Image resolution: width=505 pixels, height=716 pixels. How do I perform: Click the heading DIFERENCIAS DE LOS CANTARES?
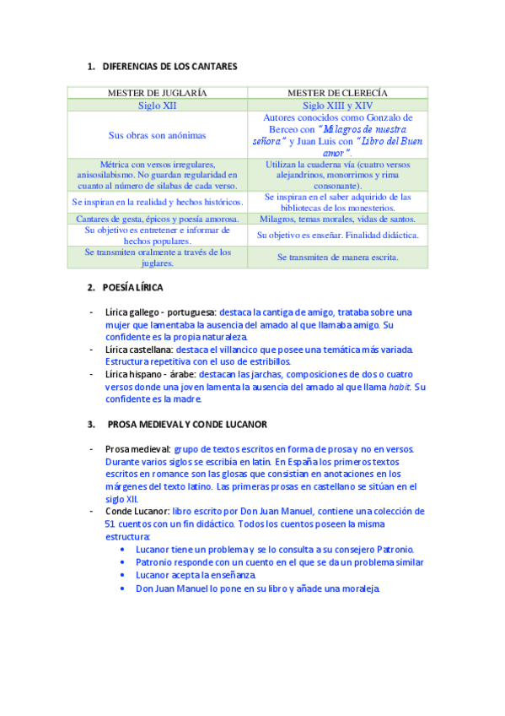click(x=169, y=66)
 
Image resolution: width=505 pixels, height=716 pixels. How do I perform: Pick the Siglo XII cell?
click(x=158, y=106)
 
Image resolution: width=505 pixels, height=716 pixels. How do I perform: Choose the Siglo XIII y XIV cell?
click(x=337, y=106)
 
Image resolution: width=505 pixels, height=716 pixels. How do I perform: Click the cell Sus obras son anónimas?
click(x=158, y=135)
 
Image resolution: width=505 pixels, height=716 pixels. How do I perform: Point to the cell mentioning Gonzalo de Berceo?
click(x=337, y=135)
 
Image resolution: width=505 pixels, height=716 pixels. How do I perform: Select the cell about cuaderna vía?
click(x=337, y=175)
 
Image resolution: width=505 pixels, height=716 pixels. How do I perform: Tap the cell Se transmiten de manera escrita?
click(x=337, y=257)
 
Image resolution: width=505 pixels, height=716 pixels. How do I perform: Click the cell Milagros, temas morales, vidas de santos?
click(x=337, y=219)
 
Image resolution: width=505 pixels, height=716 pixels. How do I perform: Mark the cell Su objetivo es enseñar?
click(x=337, y=235)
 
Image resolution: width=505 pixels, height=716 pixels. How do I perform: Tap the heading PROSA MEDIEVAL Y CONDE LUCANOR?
click(x=186, y=423)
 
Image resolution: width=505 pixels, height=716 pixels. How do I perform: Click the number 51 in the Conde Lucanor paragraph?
click(x=110, y=523)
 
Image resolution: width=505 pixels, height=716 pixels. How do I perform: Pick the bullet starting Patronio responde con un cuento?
click(x=279, y=561)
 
